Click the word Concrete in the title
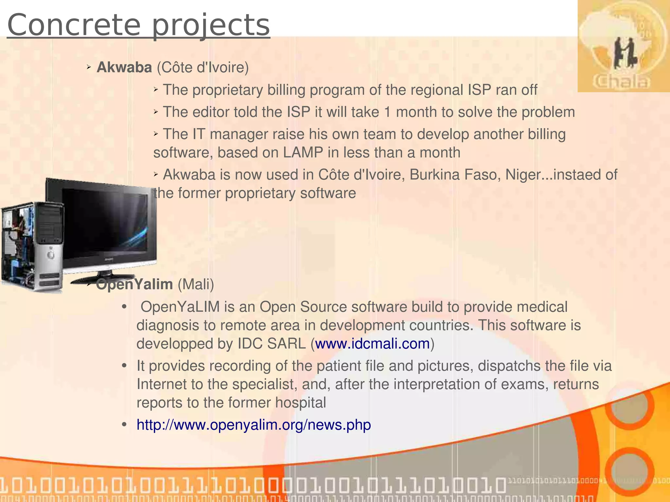click(74, 25)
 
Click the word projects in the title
click(211, 26)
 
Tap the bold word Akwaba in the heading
click(124, 68)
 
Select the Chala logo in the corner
click(623, 46)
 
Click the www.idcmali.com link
click(372, 344)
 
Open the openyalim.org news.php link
click(254, 425)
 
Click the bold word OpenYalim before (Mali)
click(134, 285)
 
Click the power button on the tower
click(51, 255)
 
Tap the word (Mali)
click(196, 285)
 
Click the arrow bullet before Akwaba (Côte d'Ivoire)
click(89, 67)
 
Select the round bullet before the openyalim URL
click(124, 425)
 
